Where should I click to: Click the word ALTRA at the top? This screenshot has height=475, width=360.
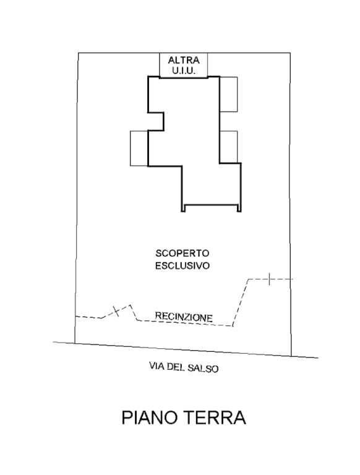(184, 60)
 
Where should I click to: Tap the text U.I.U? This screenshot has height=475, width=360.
(184, 71)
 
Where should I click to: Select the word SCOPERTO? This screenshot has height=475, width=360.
(182, 253)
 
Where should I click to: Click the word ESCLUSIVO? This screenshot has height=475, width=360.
(182, 266)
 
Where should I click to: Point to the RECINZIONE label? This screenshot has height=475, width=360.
(184, 317)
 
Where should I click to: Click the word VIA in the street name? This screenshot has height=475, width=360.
(157, 366)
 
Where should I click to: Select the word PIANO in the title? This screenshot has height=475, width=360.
(150, 417)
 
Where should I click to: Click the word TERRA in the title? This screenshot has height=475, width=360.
(215, 417)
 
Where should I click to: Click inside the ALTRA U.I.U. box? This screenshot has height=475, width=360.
(184, 65)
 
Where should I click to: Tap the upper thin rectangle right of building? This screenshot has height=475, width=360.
(228, 94)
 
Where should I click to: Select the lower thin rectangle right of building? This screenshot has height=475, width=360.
(228, 147)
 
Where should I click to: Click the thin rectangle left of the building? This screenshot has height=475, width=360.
(139, 148)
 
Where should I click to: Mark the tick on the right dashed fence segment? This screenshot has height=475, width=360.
(269, 279)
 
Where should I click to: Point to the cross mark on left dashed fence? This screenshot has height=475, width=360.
(116, 311)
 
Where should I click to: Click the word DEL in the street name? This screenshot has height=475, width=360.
(176, 367)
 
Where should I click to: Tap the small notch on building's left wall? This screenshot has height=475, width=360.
(156, 122)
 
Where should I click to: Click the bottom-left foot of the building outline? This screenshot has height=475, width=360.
(183, 208)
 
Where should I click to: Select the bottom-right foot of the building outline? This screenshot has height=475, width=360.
(239, 208)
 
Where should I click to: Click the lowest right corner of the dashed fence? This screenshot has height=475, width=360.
(233, 326)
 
